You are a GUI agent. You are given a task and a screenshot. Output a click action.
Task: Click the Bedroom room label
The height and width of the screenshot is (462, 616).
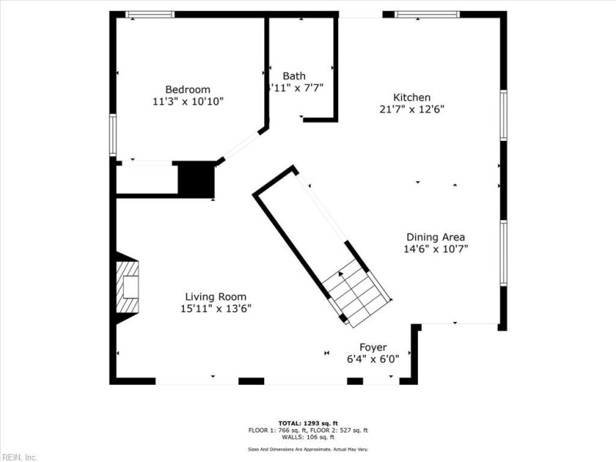coord(187,89)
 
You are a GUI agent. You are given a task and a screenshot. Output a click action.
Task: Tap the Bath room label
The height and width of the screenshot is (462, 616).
coord(293,75)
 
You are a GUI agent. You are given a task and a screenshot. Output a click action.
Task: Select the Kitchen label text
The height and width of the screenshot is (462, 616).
coord(411,97)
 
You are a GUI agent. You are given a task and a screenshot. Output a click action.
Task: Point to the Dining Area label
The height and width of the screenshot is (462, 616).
coord(435,236)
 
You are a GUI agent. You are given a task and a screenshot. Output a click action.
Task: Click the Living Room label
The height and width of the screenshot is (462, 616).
coord(216,296)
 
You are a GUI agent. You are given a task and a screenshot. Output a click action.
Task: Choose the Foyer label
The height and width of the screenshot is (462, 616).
coord(373,347)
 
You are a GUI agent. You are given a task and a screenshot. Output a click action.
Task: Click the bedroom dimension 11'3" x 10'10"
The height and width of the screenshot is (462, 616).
coord(188,101)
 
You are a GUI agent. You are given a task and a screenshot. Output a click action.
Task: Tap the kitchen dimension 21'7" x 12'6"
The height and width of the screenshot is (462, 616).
coord(411,109)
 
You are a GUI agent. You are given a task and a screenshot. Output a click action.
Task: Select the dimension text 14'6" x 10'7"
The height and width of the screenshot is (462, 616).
coord(436,249)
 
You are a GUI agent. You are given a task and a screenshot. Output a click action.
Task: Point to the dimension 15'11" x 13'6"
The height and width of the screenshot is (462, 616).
coord(216,308)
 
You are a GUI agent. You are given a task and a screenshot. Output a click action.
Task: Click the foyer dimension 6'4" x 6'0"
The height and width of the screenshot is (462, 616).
coord(373,359)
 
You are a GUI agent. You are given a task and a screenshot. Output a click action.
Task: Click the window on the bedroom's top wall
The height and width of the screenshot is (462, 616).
coord(149,14)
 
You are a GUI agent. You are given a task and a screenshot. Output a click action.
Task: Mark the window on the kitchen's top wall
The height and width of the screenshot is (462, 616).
coord(427,14)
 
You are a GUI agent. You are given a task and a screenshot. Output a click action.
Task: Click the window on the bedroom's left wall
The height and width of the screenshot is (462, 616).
coord(112,135)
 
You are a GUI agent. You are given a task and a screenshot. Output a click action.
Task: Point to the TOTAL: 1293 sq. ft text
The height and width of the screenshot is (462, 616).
coord(307,423)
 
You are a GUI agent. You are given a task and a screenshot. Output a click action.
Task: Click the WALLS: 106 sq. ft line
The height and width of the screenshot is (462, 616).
coord(307,437)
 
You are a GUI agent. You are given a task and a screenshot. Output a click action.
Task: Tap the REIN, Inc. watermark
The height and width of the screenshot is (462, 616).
coord(18,457)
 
